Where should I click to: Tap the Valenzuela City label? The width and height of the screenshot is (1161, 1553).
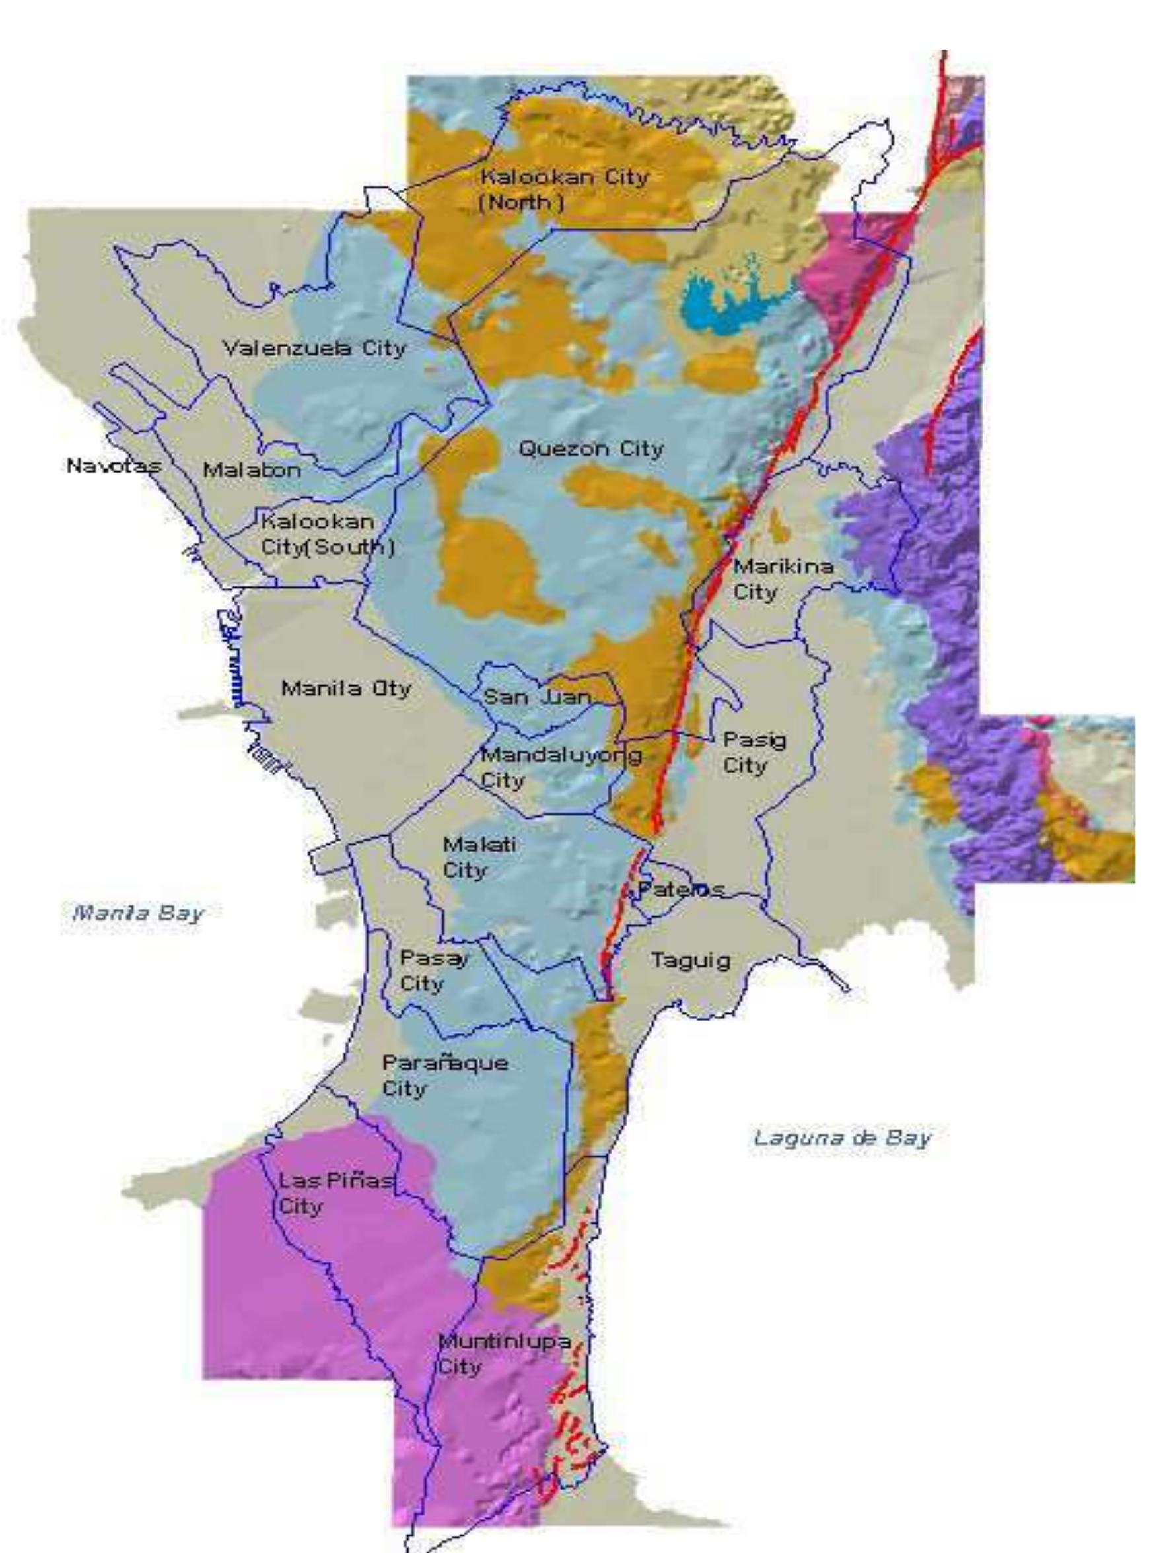point(313,347)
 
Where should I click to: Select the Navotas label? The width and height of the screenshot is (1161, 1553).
point(113,465)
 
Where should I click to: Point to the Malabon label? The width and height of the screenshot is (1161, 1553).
point(252,469)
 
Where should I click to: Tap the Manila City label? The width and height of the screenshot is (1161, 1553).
point(345,688)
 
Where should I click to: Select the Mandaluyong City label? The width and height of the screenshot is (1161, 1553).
point(560,767)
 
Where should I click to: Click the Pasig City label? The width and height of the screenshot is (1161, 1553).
point(754,752)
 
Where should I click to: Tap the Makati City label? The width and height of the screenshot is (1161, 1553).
point(479,856)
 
